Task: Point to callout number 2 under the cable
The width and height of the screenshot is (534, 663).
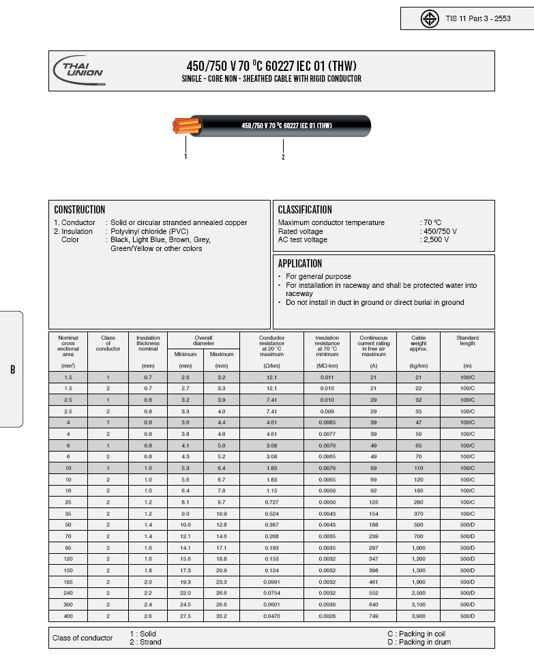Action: [x=283, y=158]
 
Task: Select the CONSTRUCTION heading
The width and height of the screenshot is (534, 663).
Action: [x=79, y=210]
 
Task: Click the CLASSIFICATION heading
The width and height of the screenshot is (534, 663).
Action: [x=305, y=210]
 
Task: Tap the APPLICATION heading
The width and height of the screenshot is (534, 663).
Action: [x=300, y=263]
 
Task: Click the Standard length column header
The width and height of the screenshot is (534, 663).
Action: [x=467, y=340]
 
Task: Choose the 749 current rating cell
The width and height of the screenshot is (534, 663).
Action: [x=373, y=617]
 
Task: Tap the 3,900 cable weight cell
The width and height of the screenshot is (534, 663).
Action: [x=419, y=617]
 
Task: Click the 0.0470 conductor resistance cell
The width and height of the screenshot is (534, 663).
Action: [x=271, y=617]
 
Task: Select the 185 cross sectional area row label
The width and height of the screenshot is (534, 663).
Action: [x=68, y=582]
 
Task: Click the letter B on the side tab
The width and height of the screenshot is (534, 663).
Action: [x=12, y=370]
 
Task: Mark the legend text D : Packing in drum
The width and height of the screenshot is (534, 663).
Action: [x=419, y=642]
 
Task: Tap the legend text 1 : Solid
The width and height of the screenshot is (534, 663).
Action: [x=143, y=634]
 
